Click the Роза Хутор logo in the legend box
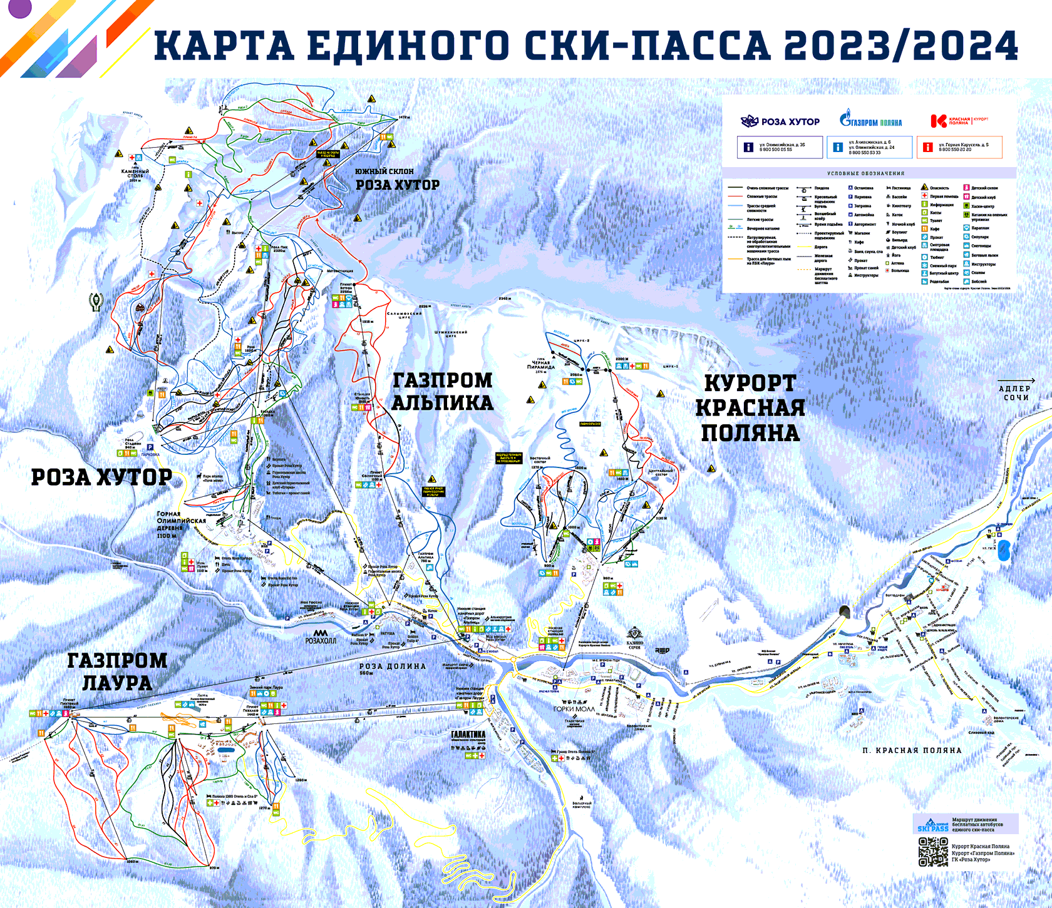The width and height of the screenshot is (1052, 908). click(780, 121)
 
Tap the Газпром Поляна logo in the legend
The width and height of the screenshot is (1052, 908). click(870, 121)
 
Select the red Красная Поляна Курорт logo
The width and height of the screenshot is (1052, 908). click(959, 121)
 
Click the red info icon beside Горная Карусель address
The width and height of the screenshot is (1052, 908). click(927, 148)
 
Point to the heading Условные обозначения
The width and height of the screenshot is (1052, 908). click(865, 173)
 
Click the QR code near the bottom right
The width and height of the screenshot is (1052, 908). click(933, 852)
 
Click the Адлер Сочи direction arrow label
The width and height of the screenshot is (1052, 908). click(1015, 392)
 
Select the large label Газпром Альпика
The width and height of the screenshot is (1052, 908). click(442, 391)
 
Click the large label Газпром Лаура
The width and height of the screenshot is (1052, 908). click(117, 671)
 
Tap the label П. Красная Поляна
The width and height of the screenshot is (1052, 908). click(911, 750)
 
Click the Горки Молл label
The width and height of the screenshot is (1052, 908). click(574, 709)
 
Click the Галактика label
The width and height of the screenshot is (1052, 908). click(468, 735)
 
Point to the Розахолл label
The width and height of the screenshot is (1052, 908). click(321, 640)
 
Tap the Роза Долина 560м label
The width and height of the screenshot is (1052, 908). click(392, 668)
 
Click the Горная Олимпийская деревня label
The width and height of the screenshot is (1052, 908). click(181, 524)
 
